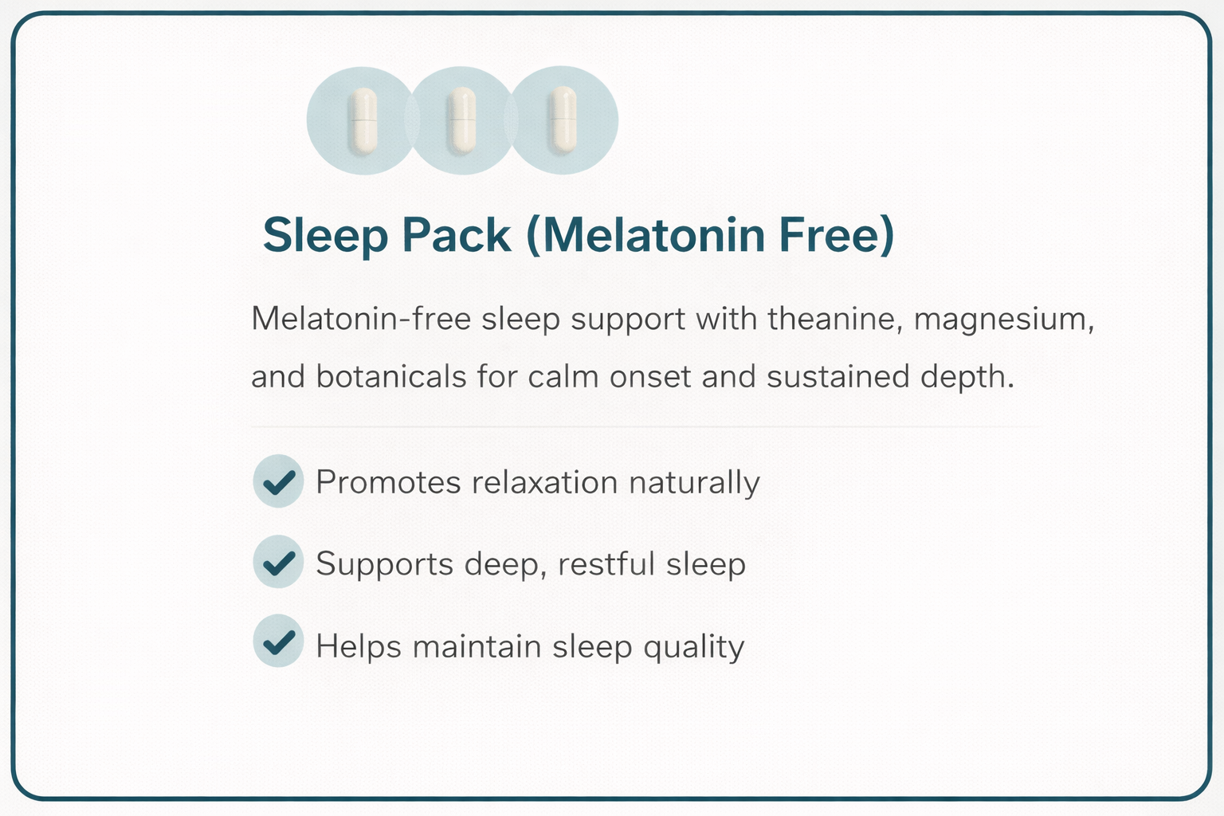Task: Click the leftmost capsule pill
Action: tap(363, 120)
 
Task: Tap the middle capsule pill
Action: tap(462, 120)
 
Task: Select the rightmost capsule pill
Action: tap(563, 120)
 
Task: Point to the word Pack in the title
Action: tap(456, 236)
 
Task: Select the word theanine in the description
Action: tap(834, 320)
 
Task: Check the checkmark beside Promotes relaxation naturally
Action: tap(278, 481)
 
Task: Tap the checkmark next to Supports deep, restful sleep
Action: tap(278, 563)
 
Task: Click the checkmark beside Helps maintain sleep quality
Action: tap(278, 641)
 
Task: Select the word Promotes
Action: tap(388, 483)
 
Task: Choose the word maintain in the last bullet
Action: tap(477, 645)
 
